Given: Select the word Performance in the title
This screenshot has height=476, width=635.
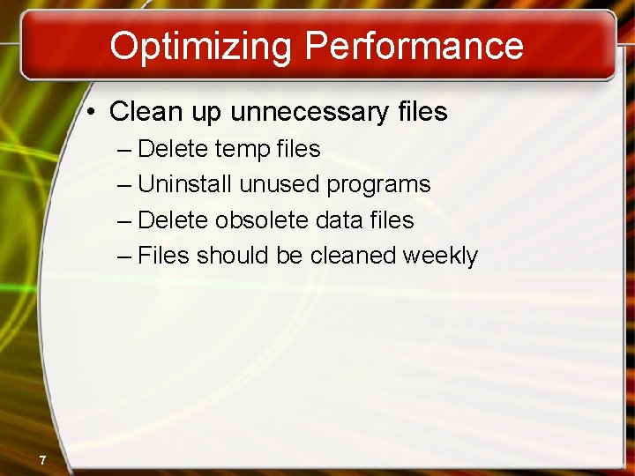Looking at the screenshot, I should point(415,46).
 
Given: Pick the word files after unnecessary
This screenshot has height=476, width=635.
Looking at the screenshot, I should point(419,113).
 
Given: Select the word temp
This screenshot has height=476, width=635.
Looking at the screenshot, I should point(241,149).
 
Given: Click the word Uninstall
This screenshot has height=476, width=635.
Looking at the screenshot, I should point(184,184).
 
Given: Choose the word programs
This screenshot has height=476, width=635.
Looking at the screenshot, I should point(378,185).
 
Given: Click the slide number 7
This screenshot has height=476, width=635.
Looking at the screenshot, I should point(41,459).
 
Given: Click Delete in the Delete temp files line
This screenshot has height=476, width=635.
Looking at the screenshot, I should point(173,149).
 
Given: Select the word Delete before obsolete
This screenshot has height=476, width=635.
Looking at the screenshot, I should point(173,219).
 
